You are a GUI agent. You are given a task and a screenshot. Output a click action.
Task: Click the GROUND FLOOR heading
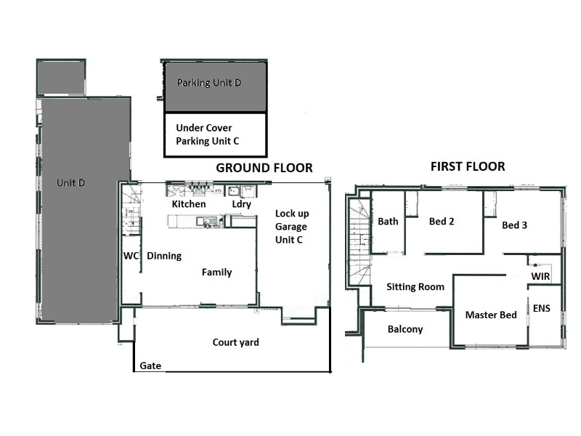264,168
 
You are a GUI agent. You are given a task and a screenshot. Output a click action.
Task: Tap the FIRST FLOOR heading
468,166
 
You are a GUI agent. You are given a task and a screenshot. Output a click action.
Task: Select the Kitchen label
189,204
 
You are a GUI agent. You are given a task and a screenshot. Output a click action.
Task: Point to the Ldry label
242,204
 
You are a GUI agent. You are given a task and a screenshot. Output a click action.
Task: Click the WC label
131,256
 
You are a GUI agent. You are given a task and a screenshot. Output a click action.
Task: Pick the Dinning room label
164,257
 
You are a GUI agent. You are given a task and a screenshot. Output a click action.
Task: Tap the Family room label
216,272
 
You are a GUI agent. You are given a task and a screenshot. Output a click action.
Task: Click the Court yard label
235,342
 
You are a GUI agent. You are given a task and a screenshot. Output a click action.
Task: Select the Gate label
150,366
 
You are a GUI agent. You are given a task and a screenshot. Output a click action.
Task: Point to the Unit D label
70,183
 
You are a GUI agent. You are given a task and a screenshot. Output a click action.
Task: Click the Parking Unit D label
209,83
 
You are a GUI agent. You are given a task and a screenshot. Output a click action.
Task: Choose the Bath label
388,222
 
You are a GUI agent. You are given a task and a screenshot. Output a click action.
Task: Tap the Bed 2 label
442,222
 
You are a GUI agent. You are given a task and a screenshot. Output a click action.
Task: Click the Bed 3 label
514,225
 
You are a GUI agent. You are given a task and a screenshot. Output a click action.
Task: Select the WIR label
540,276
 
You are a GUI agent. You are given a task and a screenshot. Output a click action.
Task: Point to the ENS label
541,308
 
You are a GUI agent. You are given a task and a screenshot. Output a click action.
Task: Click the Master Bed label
491,315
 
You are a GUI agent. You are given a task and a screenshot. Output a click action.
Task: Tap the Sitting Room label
415,287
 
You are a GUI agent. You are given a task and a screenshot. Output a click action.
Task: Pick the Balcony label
405,329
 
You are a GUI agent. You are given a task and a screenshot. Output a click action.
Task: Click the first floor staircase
359,242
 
